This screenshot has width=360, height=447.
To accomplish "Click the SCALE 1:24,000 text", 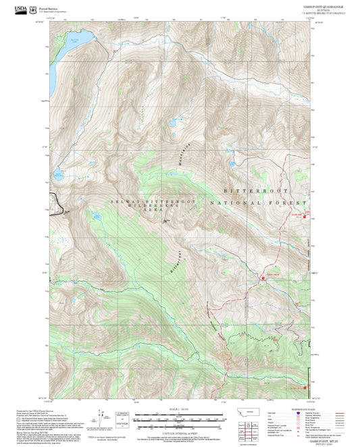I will [x=179, y=409].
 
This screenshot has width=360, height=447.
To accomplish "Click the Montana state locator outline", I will [x=253, y=410].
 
